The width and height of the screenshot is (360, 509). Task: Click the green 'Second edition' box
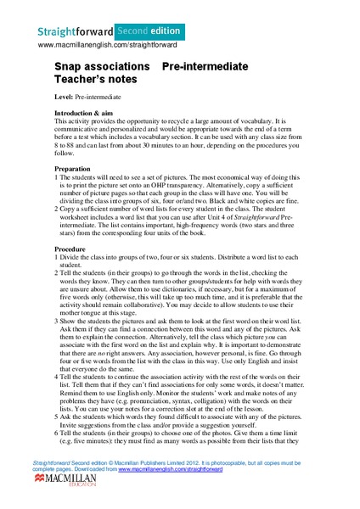(x=134, y=30)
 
